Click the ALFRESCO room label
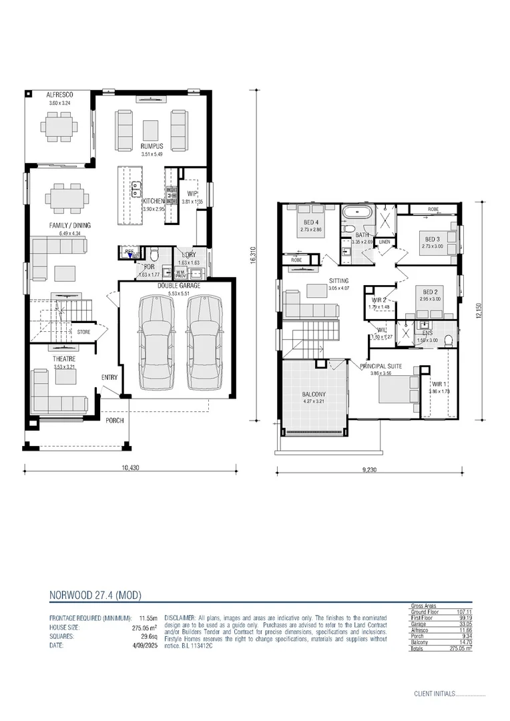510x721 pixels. point(59,95)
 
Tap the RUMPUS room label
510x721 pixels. point(152,146)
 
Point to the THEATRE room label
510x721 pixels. point(65,359)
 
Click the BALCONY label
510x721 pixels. point(314,394)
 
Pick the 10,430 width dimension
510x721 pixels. point(131,468)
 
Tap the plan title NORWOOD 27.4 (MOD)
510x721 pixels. point(95,593)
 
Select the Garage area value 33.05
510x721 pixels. point(463,624)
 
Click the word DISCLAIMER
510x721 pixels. point(179,618)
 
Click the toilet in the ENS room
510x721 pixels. point(448,340)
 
